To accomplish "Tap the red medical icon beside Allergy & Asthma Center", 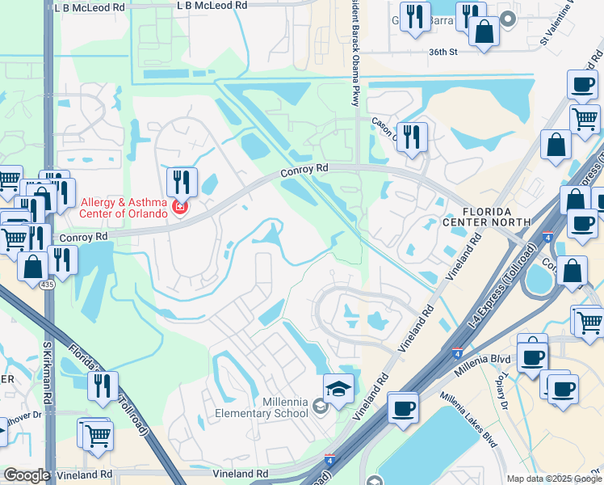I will pyautogui.click(x=178, y=212).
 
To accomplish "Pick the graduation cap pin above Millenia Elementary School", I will pyautogui.click(x=339, y=389).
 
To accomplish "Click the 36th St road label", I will pyautogui.click(x=443, y=52).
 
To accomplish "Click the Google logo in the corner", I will pyautogui.click(x=26, y=475).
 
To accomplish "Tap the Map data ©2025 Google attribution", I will pyautogui.click(x=554, y=479).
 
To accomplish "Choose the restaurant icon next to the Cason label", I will pyautogui.click(x=412, y=137).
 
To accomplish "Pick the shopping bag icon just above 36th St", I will pyautogui.click(x=484, y=32).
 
